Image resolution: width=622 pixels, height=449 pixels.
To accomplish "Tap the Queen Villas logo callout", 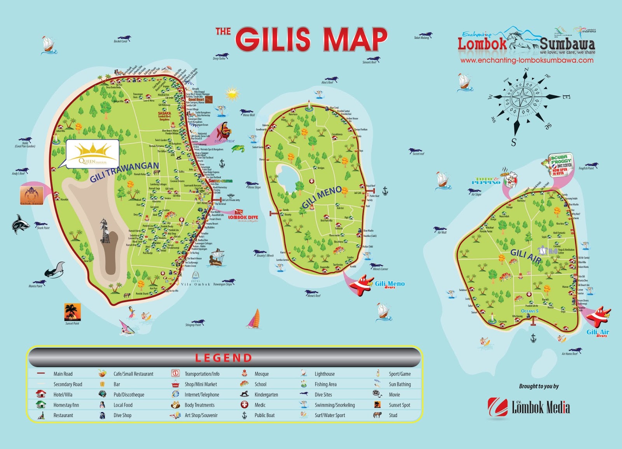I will [x=93, y=154].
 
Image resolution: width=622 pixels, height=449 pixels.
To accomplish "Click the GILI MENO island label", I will [x=321, y=197].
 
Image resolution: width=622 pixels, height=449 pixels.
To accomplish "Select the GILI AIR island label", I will [x=526, y=256].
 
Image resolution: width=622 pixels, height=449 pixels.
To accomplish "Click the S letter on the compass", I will [x=514, y=142].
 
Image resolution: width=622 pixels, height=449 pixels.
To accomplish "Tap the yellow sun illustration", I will [x=232, y=94].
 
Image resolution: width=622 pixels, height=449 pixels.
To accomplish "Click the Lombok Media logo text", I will [x=540, y=407].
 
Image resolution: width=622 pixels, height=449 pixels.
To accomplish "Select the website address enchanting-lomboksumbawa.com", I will [x=527, y=60].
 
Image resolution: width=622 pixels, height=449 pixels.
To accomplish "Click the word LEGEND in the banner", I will [x=224, y=358].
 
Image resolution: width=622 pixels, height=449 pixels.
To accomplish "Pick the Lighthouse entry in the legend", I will [x=324, y=374].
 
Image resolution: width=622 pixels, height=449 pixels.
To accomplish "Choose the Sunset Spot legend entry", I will [x=399, y=405].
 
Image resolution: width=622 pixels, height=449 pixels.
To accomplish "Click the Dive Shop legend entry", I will [x=122, y=416].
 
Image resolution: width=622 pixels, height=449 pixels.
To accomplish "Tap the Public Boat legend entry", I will [x=264, y=416].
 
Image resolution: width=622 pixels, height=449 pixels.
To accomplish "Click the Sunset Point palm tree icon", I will [x=72, y=312].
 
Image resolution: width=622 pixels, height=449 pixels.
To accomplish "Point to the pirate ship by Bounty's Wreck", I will [x=217, y=258].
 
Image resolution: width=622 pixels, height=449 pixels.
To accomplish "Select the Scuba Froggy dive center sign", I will [x=561, y=165].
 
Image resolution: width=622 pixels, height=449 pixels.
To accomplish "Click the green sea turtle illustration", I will [x=238, y=148].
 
